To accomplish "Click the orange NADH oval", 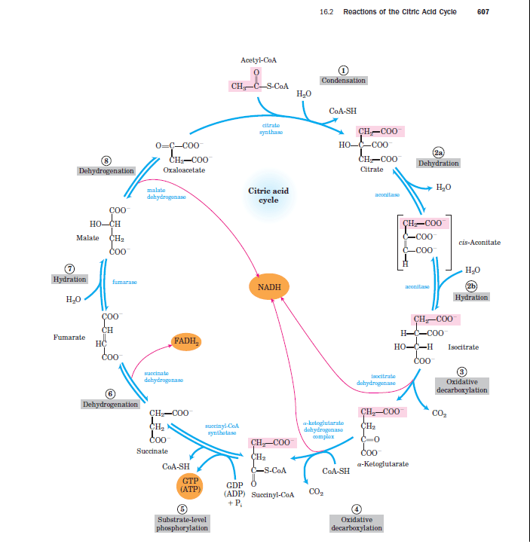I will pyautogui.click(x=268, y=287).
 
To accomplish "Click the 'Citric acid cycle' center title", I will pyautogui.click(x=268, y=196).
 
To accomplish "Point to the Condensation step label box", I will pyautogui.click(x=344, y=80).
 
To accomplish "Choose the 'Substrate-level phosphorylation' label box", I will pyautogui.click(x=181, y=524).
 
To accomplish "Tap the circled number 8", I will pyautogui.click(x=107, y=160).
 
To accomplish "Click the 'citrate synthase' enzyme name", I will pyautogui.click(x=271, y=128).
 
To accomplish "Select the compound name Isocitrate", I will pyautogui.click(x=463, y=347).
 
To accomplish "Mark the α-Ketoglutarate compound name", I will pyautogui.click(x=385, y=464).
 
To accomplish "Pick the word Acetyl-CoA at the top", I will pyautogui.click(x=256, y=59).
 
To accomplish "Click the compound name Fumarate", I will pyautogui.click(x=69, y=337).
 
